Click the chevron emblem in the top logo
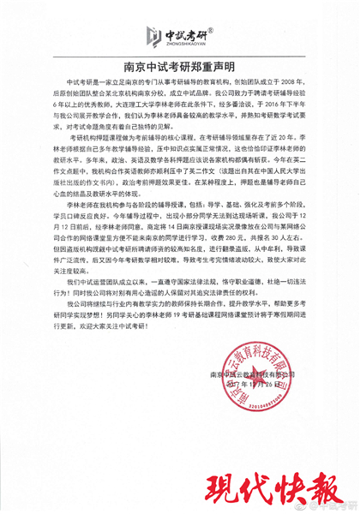point(153,37)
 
